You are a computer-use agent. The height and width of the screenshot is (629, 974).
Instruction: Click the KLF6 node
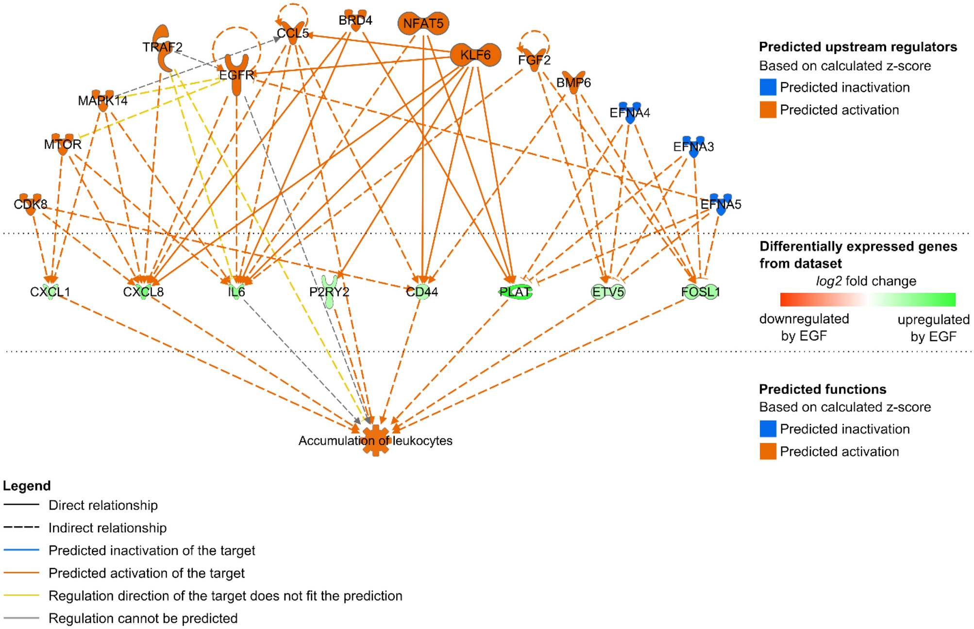click(475, 55)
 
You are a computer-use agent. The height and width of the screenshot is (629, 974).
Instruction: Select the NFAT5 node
click(423, 23)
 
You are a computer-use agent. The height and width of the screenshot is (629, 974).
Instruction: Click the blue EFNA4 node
click(630, 113)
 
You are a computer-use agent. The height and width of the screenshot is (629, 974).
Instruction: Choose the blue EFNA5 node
click(721, 204)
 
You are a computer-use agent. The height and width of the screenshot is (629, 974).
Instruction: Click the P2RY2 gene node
click(330, 291)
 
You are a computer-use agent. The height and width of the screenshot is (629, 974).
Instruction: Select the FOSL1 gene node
click(700, 292)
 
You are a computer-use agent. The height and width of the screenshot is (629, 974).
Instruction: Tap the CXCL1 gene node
click(50, 291)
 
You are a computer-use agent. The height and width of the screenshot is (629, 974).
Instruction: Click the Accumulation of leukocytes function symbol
click(376, 440)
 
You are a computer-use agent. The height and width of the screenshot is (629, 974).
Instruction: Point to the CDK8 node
click(31, 204)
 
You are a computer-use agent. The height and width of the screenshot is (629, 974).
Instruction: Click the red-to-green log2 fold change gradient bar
click(867, 299)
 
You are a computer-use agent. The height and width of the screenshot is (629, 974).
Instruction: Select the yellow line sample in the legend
click(21, 595)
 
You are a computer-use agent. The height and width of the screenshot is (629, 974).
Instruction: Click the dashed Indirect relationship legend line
click(21, 527)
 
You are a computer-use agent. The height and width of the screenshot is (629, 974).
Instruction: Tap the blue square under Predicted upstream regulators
click(768, 87)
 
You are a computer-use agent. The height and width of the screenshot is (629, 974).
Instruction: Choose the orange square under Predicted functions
click(768, 451)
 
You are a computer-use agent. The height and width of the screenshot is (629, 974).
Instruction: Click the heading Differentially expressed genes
click(858, 247)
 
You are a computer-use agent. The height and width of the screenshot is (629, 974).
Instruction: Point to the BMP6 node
click(573, 83)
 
